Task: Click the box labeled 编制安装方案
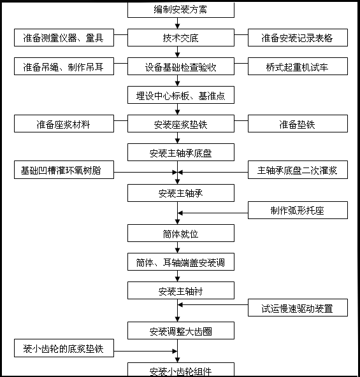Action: click(181, 10)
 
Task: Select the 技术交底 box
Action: click(181, 38)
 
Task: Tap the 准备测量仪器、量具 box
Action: click(64, 38)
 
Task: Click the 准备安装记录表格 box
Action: click(298, 38)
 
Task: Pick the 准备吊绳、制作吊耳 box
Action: click(64, 66)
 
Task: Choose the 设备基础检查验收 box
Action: click(181, 66)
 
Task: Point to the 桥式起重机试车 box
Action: click(298, 66)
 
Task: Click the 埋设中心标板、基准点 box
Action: click(181, 96)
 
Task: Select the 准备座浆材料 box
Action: click(64, 124)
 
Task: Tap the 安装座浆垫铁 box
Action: click(181, 124)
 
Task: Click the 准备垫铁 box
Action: click(298, 124)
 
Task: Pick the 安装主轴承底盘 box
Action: click(181, 152)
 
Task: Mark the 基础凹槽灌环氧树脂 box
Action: click(64, 170)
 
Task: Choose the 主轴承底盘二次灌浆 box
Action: click(298, 170)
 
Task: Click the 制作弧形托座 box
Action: click(298, 210)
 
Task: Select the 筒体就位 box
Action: click(181, 233)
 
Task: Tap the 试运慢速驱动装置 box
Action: click(298, 308)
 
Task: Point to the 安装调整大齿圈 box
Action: click(181, 331)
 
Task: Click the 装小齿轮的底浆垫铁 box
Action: click(64, 348)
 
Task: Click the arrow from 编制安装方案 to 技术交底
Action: click(181, 24)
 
